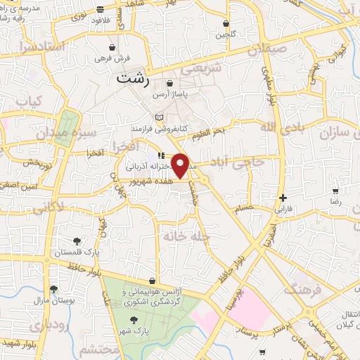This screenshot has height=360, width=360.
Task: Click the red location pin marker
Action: coord(181,166)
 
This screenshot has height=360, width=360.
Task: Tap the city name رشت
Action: coord(133,80)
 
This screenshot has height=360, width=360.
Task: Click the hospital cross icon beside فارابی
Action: coord(283,198)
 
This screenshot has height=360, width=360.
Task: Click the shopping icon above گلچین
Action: coord(225,23)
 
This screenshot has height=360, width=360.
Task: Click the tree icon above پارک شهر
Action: coord(134,321)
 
